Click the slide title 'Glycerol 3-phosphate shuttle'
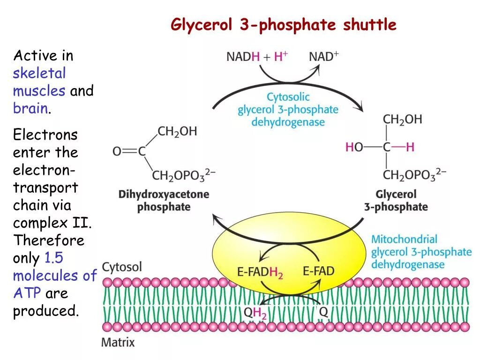(x=284, y=24)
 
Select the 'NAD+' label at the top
(x=324, y=57)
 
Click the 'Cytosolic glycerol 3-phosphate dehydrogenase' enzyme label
(x=288, y=110)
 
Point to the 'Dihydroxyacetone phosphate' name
(x=164, y=200)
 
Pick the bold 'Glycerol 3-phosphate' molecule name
(x=396, y=200)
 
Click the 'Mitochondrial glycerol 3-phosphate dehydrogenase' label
(x=421, y=252)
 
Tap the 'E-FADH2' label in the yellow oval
(x=260, y=272)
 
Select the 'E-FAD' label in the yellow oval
(x=319, y=271)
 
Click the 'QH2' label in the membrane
(x=255, y=313)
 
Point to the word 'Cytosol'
(x=122, y=267)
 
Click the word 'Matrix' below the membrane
(x=118, y=342)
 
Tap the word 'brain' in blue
(x=30, y=108)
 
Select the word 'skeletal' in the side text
(x=39, y=73)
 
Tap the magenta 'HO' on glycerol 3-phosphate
(x=354, y=147)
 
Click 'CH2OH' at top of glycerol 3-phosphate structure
(x=402, y=120)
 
